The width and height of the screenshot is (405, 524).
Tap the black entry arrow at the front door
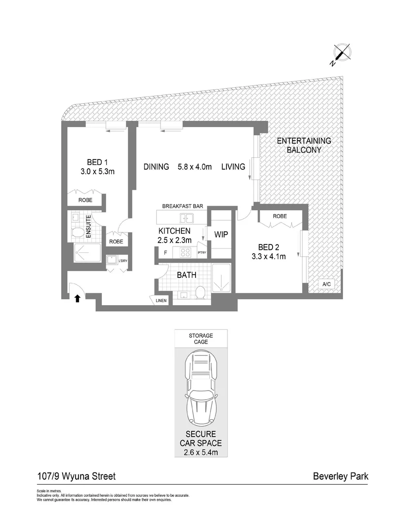[x=77, y=298]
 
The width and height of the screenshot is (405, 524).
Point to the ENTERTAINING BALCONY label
[x=304, y=146]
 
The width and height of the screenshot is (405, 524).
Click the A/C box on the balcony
[x=324, y=284]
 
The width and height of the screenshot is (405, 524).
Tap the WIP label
[x=221, y=235]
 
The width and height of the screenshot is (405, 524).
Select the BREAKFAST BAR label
[x=183, y=206]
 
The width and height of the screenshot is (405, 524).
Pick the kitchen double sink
[x=185, y=217]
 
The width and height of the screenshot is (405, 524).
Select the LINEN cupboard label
[x=161, y=301]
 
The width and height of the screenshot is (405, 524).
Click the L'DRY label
[x=123, y=262]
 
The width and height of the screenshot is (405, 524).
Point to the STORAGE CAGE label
[x=201, y=339]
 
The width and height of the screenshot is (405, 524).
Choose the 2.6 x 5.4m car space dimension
[x=201, y=452]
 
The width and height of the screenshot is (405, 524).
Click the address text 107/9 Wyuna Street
[x=76, y=476]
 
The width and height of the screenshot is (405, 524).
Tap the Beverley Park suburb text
[x=340, y=476]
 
